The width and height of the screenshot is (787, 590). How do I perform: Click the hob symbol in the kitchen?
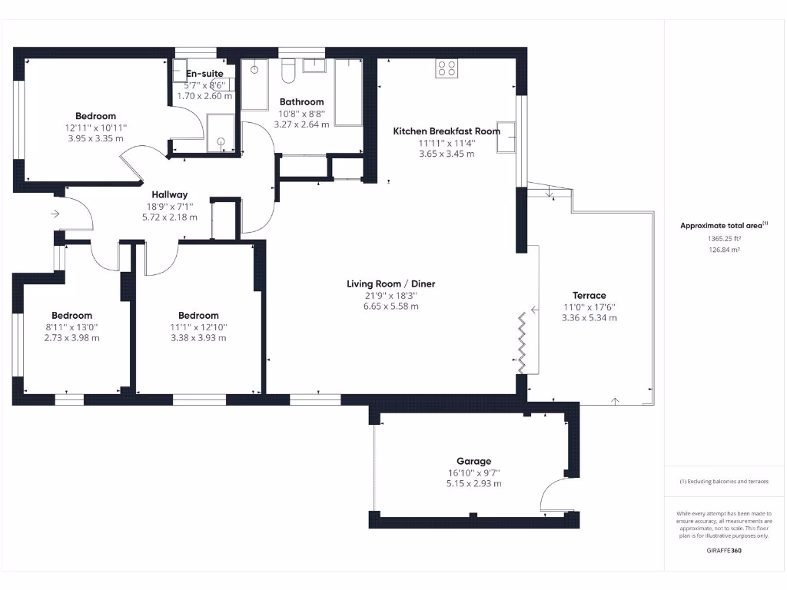click(x=447, y=68)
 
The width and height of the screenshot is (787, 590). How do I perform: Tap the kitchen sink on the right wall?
click(x=506, y=138)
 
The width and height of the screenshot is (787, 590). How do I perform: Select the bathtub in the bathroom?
click(x=348, y=92)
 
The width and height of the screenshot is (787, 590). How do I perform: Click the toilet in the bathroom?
click(x=288, y=72)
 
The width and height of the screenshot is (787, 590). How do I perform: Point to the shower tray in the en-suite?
click(x=220, y=132)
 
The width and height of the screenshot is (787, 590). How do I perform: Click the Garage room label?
click(x=473, y=461)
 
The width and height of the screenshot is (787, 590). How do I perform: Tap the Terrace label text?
click(x=589, y=295)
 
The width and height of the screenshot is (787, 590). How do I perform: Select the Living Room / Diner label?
click(x=390, y=283)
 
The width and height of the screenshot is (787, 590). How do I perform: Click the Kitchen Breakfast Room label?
click(x=446, y=131)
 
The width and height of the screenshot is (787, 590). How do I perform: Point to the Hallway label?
click(x=169, y=194)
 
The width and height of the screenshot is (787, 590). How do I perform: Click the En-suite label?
click(x=204, y=74)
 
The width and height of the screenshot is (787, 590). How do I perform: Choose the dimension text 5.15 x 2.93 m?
click(x=473, y=484)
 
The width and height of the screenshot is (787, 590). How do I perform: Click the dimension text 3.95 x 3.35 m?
click(x=95, y=138)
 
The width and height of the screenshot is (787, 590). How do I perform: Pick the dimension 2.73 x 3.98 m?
click(x=71, y=337)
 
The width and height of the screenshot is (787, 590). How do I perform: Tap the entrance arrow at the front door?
click(x=55, y=214)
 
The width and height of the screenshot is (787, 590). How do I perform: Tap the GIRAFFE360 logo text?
click(x=724, y=550)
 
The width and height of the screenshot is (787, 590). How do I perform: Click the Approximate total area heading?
click(x=722, y=225)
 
